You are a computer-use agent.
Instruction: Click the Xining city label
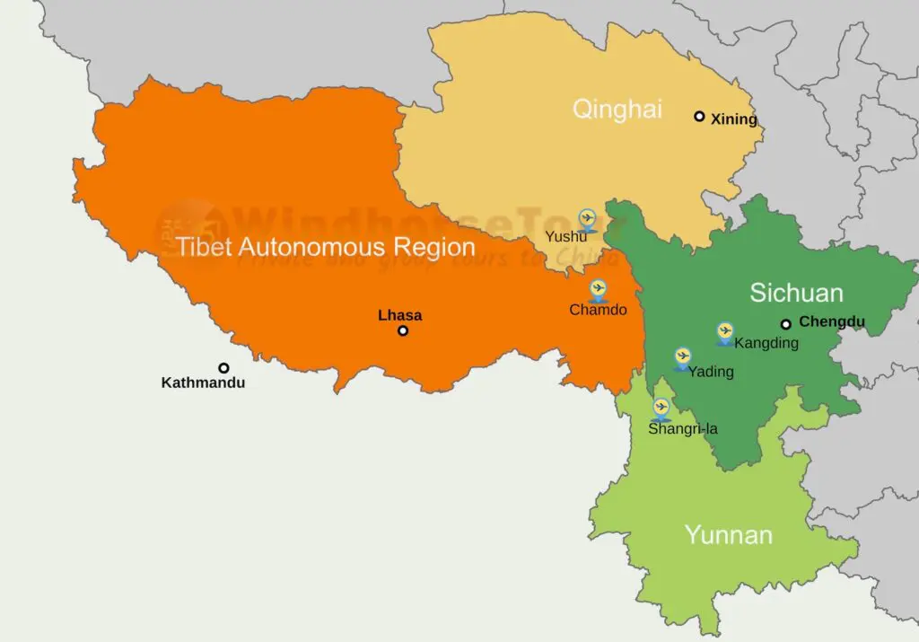point(734,119)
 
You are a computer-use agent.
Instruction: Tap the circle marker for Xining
point(699,116)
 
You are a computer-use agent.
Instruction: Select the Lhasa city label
point(399,315)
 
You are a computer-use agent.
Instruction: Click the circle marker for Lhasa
point(403,330)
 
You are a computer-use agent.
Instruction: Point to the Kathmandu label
point(203,383)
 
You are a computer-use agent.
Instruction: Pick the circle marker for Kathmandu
point(223,367)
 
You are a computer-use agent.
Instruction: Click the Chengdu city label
point(832,321)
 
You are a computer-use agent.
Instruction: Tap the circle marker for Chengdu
point(785,324)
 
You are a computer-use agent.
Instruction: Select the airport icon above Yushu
point(587,218)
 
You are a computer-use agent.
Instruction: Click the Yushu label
point(566,237)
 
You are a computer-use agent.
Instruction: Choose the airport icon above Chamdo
point(599,289)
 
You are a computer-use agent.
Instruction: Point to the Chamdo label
point(598,310)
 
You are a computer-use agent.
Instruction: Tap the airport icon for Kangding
point(725,332)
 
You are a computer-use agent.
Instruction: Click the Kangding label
point(766,342)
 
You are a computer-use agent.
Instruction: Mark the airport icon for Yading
point(682,357)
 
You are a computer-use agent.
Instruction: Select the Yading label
point(711,372)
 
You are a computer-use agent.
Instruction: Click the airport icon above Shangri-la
point(661,408)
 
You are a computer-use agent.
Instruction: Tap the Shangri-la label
point(683,428)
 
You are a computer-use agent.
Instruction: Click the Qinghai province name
point(617,110)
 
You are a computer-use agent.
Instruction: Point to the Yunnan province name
point(728,535)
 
